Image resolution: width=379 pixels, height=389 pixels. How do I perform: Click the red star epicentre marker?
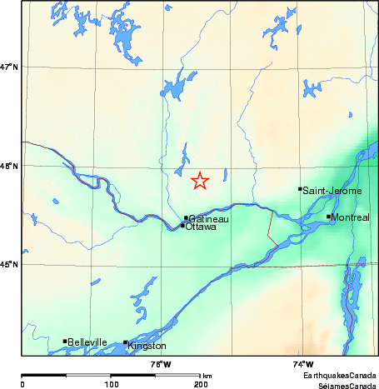[x=200, y=180]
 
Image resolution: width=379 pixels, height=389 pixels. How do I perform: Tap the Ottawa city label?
[x=201, y=227]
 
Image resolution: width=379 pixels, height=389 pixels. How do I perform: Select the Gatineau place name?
[x=207, y=219]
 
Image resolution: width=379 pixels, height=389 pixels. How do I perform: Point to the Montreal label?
[x=351, y=217]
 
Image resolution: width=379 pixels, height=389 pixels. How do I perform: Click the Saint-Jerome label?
[x=333, y=191]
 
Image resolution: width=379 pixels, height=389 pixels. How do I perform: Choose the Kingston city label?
[x=147, y=346]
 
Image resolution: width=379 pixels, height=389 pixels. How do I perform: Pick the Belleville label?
[x=88, y=342]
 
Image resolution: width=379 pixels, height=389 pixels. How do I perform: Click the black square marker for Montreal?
[x=329, y=217]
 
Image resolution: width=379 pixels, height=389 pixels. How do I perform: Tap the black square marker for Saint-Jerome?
[x=300, y=189]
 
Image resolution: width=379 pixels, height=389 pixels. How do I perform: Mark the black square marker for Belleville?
[x=65, y=341]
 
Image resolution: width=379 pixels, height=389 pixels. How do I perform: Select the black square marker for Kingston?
[x=126, y=342]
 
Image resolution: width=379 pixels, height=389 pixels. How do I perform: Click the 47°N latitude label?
[x=10, y=67]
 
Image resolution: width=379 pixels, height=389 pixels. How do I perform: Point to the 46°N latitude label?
[x=10, y=167]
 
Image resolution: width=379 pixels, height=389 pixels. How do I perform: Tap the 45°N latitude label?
[x=10, y=265]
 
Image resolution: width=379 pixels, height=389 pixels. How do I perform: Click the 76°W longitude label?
[x=161, y=364]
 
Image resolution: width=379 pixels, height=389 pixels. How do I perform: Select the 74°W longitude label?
[x=303, y=364]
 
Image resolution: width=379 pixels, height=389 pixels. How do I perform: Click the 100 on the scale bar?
[x=111, y=385]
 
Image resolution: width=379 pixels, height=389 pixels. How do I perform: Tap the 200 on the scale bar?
[x=201, y=385]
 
